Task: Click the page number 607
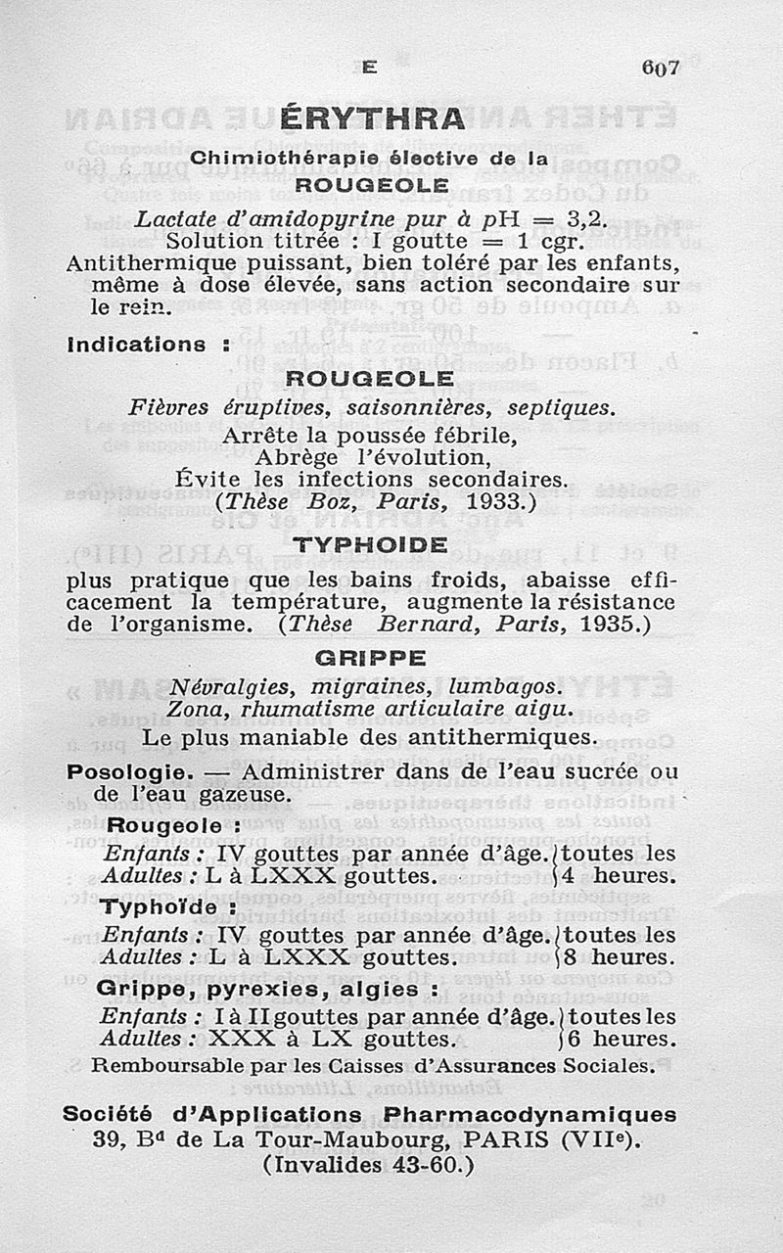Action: click(660, 68)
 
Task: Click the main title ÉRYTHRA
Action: click(372, 119)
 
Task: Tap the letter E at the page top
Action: click(368, 68)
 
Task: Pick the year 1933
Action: click(498, 501)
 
